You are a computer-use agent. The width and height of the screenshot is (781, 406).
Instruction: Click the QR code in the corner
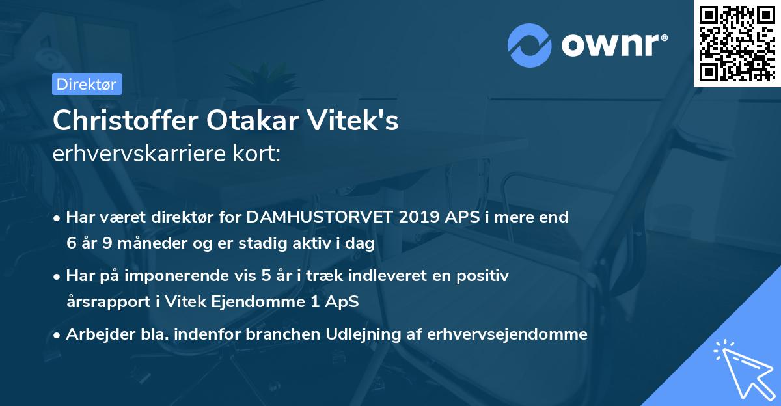coord(737,43)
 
